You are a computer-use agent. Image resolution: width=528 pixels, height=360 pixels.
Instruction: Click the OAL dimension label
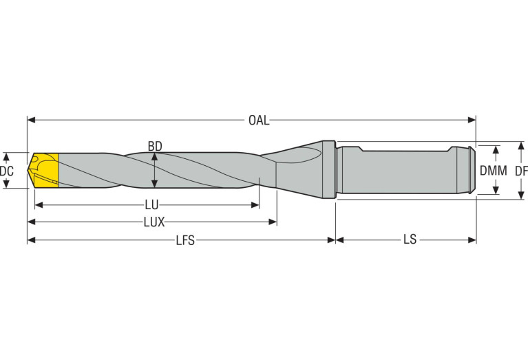(259, 120)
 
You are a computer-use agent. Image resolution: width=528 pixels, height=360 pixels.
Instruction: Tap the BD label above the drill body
(155, 146)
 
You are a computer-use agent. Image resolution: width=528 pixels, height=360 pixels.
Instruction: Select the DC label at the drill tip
(7, 171)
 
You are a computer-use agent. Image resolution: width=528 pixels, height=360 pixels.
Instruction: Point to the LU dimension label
(152, 204)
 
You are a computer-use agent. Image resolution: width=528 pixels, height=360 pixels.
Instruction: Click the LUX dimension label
(154, 222)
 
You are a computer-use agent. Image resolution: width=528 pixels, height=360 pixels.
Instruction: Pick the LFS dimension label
(185, 240)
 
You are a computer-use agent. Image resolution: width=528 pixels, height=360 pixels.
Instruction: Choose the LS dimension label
(410, 240)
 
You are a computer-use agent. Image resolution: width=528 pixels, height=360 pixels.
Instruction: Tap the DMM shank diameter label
(494, 171)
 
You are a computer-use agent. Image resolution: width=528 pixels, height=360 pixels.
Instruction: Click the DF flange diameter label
(521, 171)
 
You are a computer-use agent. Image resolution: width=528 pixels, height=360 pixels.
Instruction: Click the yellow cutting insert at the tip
(45, 170)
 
